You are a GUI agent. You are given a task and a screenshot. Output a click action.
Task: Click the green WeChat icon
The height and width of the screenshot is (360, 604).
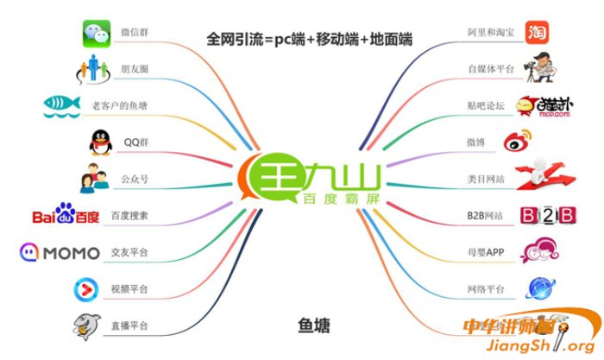(98, 33)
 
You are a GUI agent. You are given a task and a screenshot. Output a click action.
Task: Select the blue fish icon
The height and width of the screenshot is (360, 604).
(60, 105)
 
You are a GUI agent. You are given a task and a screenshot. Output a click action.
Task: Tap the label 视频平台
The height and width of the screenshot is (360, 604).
(129, 288)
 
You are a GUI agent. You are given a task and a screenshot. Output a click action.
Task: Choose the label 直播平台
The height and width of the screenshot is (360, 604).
(129, 325)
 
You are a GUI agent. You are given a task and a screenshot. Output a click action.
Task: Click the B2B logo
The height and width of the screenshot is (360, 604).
(541, 215)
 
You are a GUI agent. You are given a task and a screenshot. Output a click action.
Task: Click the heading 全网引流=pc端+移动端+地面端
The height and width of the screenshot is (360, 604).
(308, 39)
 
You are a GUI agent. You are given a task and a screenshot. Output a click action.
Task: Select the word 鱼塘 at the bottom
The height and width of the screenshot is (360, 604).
(310, 325)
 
